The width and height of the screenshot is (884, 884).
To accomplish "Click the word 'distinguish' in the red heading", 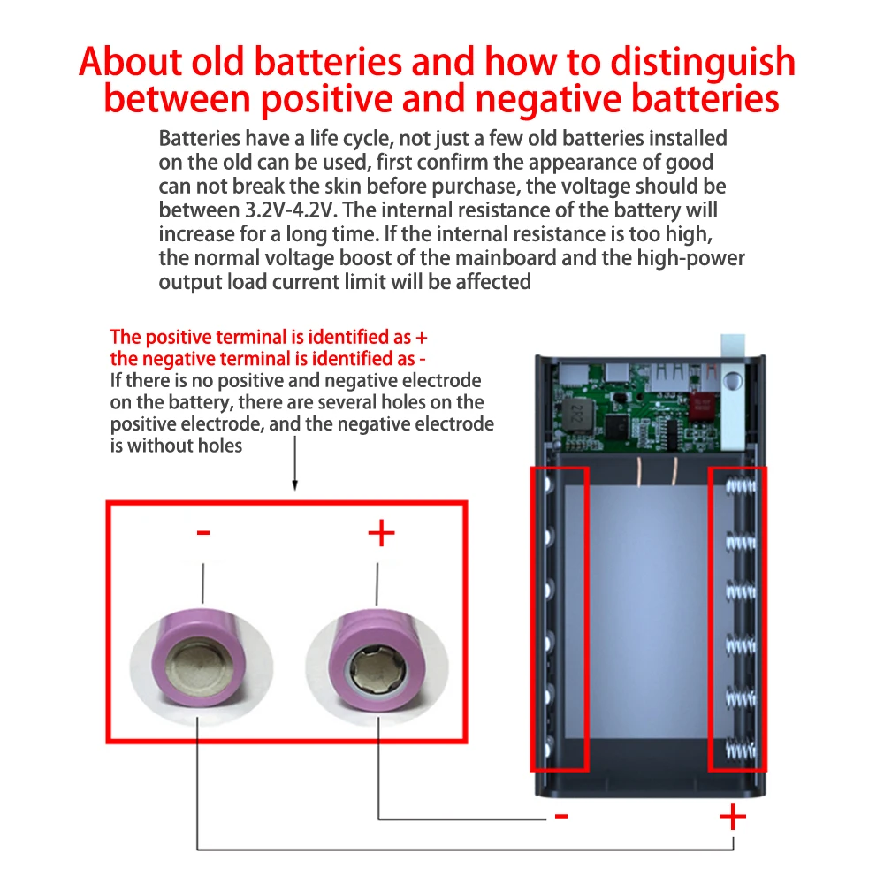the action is [703, 63].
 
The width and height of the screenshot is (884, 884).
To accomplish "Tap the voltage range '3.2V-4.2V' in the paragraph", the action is [290, 210].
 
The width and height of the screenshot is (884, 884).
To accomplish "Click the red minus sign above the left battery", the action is [203, 532].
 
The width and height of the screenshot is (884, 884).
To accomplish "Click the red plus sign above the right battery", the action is [381, 533].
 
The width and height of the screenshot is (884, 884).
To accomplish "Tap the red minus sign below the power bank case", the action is [561, 815].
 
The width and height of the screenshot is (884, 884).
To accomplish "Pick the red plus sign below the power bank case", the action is [733, 817].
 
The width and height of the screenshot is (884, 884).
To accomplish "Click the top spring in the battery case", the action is [742, 484].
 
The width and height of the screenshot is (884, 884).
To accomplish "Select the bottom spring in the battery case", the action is [742, 750].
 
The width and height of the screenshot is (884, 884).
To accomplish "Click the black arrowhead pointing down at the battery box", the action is [295, 484].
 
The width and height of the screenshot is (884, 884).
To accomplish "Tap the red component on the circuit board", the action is [701, 405].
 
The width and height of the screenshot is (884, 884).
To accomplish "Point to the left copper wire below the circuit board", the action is [640, 471].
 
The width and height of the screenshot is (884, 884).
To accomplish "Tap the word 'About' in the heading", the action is [131, 62].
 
